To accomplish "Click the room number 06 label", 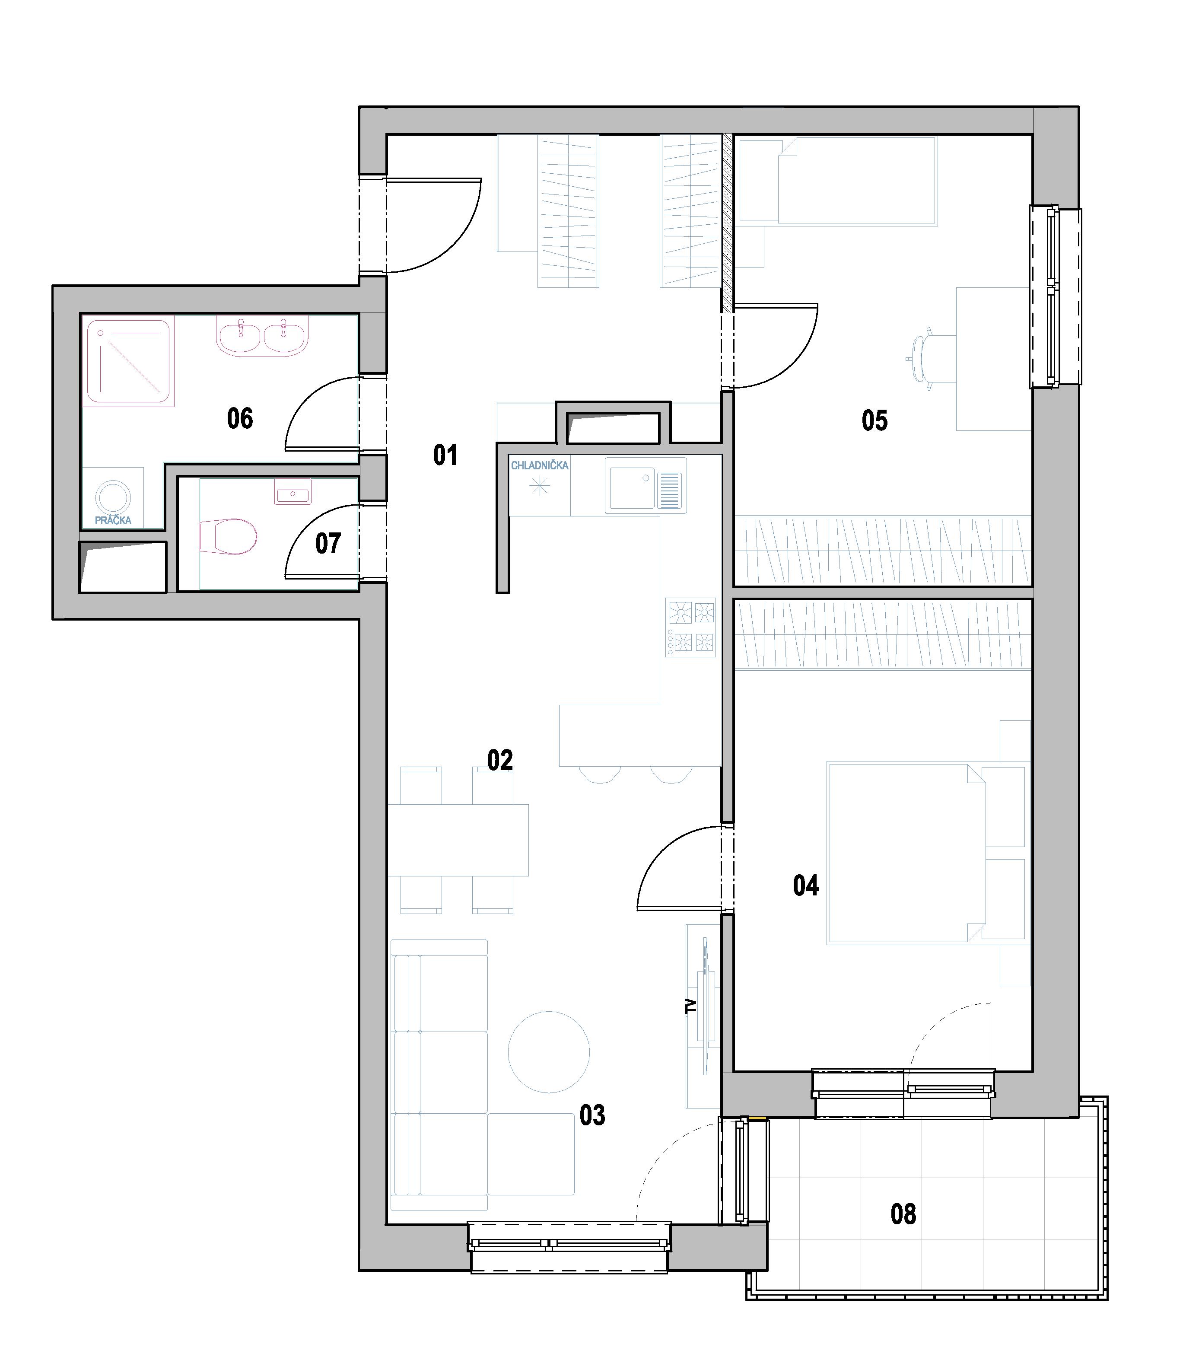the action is (240, 419).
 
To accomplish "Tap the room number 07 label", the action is (328, 543).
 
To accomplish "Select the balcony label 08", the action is (903, 1214).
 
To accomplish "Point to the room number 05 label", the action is (875, 420).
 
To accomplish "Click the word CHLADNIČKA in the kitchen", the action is (539, 465).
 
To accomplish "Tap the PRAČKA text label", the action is (113, 520).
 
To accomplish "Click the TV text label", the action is (691, 1006).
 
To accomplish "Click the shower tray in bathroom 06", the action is (129, 361).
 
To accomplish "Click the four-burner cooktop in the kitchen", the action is (690, 627).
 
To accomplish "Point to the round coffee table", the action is (549, 1052).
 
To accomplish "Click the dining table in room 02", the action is (458, 840).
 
